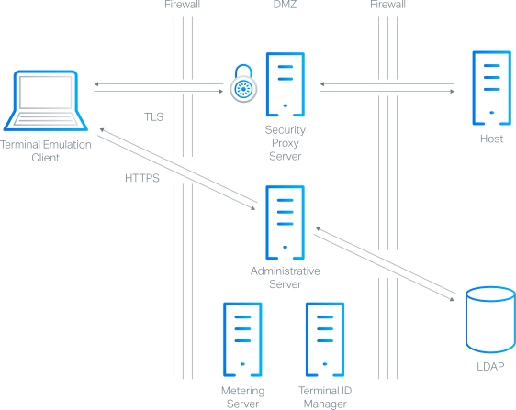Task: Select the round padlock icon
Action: click(243, 88)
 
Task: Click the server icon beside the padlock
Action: click(284, 85)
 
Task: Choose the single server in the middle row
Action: click(284, 223)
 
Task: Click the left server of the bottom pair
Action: click(242, 339)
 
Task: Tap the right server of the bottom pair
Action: click(323, 339)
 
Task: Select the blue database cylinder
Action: click(488, 320)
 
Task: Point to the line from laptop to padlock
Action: click(161, 85)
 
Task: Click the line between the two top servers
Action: click(395, 85)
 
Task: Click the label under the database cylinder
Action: click(488, 365)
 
